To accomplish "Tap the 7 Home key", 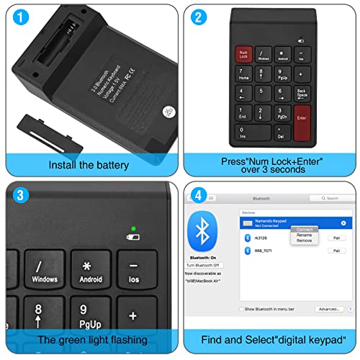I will tap(243, 73).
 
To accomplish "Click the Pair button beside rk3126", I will tap(336, 238).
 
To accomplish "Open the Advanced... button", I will tap(328, 309).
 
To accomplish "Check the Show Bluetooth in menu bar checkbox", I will tap(242, 309).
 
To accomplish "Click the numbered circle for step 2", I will tap(199, 16).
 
